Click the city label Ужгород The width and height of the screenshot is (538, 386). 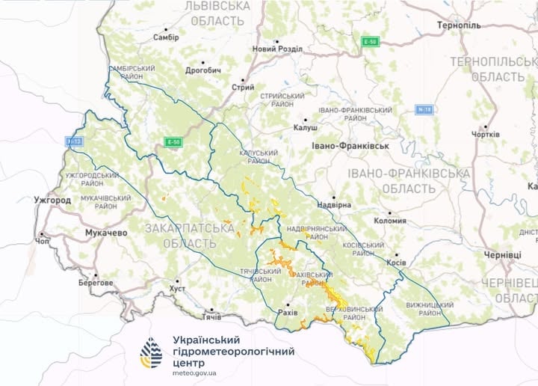[x=52, y=200]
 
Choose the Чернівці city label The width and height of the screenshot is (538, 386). [x=502, y=255]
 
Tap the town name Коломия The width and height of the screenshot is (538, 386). [x=390, y=221]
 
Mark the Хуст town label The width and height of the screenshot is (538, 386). [x=177, y=288]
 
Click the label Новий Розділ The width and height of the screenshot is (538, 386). [x=278, y=49]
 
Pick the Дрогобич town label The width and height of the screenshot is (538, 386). [x=202, y=70]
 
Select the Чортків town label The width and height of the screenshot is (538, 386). [x=485, y=135]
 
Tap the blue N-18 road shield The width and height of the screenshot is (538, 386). [x=424, y=110]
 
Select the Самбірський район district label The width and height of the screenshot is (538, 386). [x=133, y=73]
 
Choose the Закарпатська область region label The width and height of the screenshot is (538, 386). [x=181, y=233]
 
